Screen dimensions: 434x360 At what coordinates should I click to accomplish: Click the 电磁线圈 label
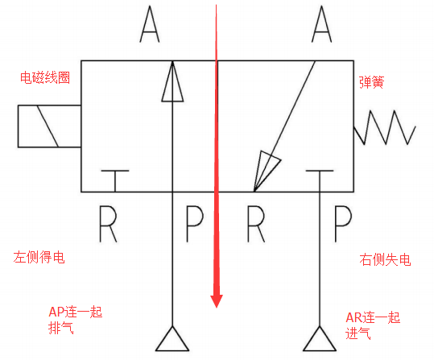click(45, 77)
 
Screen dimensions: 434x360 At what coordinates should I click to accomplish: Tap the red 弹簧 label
click(371, 82)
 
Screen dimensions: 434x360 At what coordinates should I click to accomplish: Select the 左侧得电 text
click(39, 257)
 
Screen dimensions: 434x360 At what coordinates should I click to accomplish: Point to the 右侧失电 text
click(385, 260)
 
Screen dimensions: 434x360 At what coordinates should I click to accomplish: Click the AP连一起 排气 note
click(76, 320)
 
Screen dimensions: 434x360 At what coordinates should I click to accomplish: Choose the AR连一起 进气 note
click(373, 325)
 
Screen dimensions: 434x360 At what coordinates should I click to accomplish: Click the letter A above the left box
click(150, 24)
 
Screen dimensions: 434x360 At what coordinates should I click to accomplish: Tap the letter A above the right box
click(321, 24)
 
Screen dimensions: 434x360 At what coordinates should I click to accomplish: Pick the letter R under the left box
click(108, 224)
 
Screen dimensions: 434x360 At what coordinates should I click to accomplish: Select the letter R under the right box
click(256, 224)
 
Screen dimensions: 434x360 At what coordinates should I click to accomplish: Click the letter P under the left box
click(195, 224)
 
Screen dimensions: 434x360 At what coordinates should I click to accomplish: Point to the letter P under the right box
click(343, 224)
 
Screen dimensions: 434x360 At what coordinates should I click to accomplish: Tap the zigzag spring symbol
click(385, 127)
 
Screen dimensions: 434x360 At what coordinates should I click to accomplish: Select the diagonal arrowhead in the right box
click(265, 170)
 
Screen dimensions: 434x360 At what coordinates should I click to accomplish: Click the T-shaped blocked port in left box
click(115, 180)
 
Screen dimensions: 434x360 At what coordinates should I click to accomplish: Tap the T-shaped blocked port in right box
click(320, 180)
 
